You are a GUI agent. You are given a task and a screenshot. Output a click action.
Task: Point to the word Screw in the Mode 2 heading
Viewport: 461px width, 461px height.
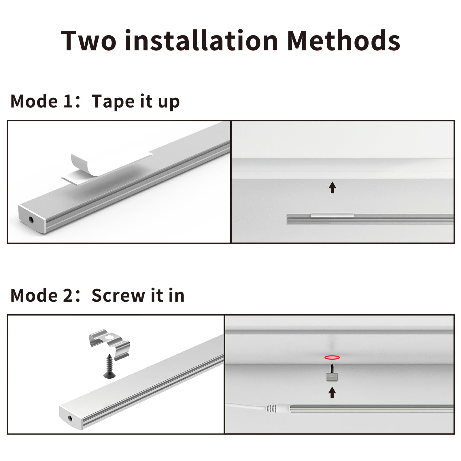coord(118,296)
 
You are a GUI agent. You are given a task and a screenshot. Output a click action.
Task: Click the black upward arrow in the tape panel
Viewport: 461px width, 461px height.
coord(332,187)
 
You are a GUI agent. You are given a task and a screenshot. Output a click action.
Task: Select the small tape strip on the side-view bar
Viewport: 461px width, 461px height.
coord(332,215)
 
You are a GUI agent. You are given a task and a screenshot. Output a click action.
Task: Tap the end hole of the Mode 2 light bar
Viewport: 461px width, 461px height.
coord(70,418)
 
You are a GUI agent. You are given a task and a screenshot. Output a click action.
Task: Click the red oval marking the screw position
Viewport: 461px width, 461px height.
coord(332,358)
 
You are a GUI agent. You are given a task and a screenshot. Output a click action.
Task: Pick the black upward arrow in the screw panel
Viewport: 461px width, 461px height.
coord(332,392)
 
